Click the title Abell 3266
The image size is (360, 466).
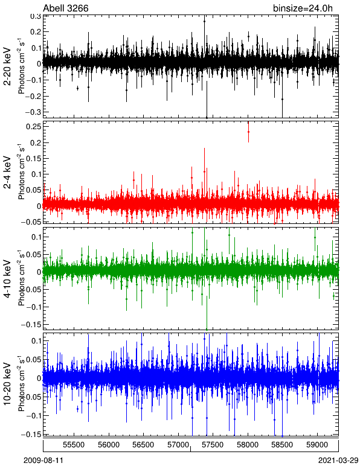66,8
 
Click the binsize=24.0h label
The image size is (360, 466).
303,8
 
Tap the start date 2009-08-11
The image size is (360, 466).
43,461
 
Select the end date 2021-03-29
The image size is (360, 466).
338,461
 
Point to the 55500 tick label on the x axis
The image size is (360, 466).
74,445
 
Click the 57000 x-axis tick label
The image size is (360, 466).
178,445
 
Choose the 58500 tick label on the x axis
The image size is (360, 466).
282,445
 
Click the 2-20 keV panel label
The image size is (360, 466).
7,66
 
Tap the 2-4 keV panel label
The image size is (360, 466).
7,173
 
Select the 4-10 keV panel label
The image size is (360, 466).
7,279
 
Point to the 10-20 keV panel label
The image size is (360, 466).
7,384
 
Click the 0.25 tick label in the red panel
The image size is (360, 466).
33,126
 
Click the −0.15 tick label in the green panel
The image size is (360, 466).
30,325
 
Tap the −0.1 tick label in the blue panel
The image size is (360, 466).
32,416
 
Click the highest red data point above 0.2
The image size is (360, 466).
248,132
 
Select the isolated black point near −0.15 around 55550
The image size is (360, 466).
77,88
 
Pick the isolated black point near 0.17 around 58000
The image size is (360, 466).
248,37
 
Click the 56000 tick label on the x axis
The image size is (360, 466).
109,445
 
